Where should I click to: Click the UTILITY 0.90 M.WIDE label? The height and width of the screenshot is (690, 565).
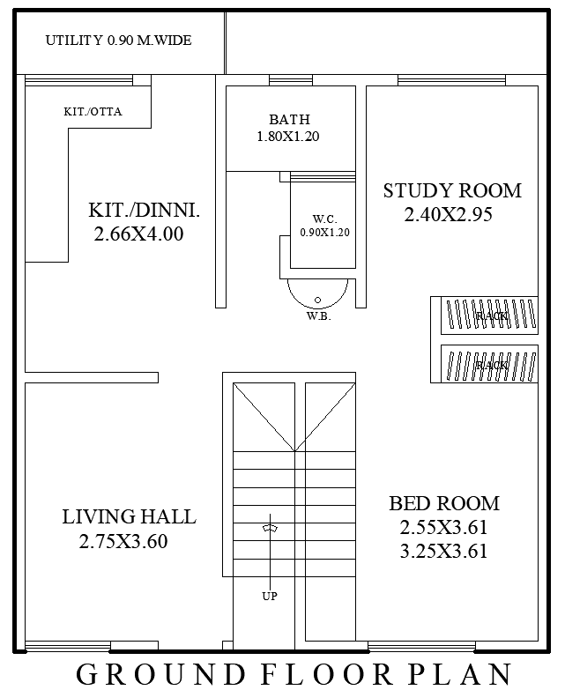coord(118,41)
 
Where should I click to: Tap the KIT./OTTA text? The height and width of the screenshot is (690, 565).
coord(93,112)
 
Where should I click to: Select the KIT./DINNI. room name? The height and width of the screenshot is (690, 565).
coord(144,211)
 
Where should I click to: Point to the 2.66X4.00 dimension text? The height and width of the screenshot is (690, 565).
coord(138,234)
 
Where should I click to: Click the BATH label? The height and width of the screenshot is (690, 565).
coord(289,120)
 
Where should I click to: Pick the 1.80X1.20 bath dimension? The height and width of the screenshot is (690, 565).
coord(288,137)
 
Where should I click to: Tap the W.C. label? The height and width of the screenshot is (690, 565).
coord(324,219)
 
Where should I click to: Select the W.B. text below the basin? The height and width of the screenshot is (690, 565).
coord(318,316)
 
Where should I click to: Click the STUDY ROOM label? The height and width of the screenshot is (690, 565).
coord(452,190)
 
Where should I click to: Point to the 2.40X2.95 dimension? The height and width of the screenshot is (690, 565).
coord(448,214)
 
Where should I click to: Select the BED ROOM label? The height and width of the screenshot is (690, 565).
coord(444,504)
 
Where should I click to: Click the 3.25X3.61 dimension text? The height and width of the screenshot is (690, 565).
coord(443,552)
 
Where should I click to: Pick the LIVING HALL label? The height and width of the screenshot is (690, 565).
coord(129,517)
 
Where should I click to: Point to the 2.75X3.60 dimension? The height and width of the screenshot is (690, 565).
coord(123,542)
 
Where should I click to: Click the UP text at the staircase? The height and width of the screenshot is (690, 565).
coord(270,597)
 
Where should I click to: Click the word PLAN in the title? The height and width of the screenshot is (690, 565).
coord(465,674)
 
